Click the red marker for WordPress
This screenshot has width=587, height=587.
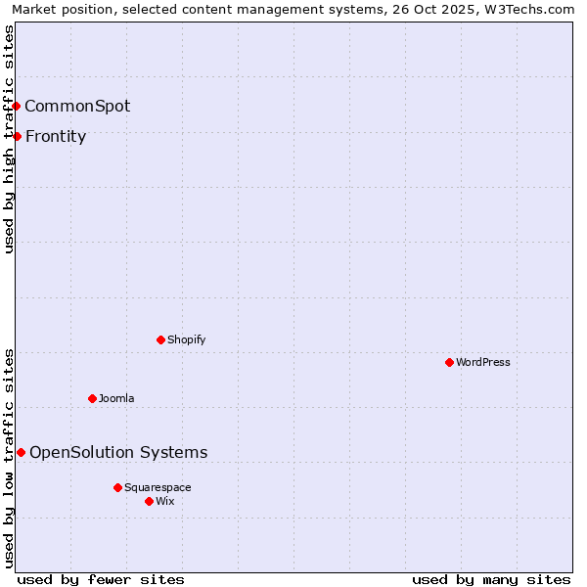coord(449,362)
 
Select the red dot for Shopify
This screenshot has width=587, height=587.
coord(160,339)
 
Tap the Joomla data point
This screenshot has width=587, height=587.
coord(92,398)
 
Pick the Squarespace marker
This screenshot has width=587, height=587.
coord(117,487)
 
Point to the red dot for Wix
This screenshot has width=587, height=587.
coord(149,501)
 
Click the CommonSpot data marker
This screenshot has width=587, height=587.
coord(17,106)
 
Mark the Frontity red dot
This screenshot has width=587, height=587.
coord(17,136)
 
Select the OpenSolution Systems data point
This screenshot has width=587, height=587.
coord(21,452)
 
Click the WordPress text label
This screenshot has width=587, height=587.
coord(483,362)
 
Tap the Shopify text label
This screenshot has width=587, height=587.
coord(186,339)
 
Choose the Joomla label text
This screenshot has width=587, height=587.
coord(116,398)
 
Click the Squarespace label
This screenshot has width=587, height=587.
coord(158,487)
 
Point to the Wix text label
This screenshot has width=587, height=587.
coord(165,501)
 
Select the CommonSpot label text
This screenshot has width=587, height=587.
coord(77,106)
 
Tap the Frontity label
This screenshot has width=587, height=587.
coord(56,136)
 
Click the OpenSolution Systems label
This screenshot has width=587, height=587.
coord(118,452)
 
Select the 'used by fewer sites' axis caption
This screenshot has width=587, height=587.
coord(101,579)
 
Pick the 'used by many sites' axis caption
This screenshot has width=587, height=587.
coord(491,579)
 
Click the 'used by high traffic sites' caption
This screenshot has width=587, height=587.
coord(9,139)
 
